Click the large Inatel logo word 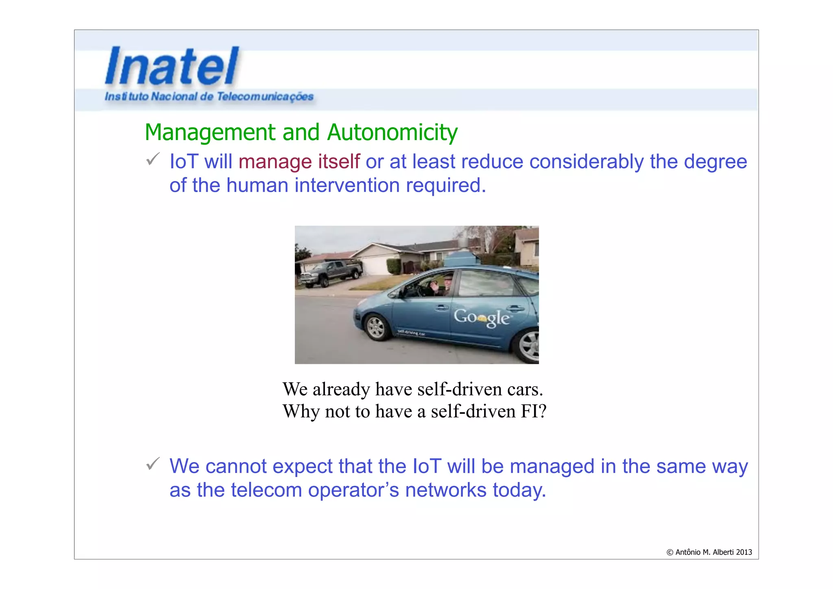point(172,66)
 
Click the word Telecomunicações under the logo point(265,96)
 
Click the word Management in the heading point(210,132)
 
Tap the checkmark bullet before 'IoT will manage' point(153,159)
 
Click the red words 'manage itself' point(299,162)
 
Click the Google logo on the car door point(481,317)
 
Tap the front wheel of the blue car point(375,327)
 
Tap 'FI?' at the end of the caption point(533,412)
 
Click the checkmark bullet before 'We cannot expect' point(153,464)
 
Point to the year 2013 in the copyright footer point(744,552)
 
